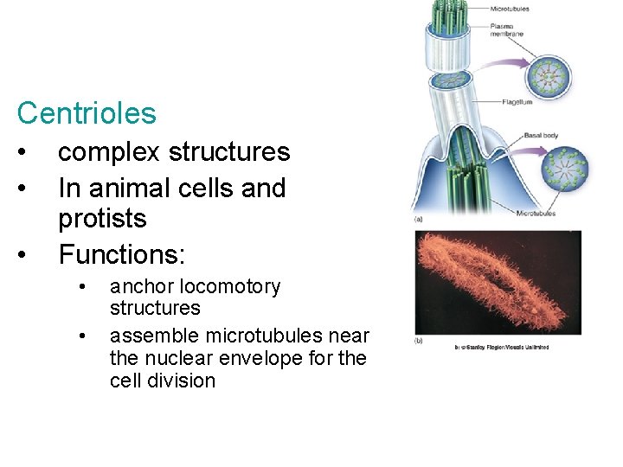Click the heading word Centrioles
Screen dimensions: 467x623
(87, 113)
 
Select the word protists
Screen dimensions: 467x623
(102, 220)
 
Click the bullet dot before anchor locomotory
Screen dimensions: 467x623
(82, 286)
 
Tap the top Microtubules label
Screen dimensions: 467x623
(511, 9)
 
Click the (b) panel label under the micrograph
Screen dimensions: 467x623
(419, 340)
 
